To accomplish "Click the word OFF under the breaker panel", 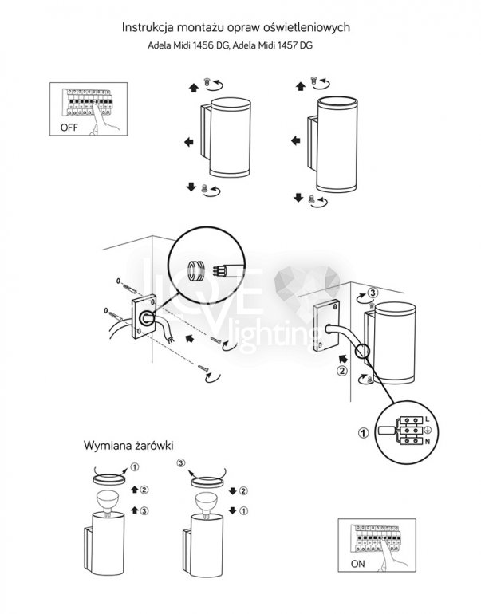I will (70, 127).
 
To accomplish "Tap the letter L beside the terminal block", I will (429, 419).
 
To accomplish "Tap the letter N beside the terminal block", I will (429, 441).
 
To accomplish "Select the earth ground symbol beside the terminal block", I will (428, 430).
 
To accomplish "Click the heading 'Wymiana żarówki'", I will (128, 445).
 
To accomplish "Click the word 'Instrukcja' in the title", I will (148, 27).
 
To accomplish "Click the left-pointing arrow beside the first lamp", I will (188, 142).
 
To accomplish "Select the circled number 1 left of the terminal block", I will (364, 435).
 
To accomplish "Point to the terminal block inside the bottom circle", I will (407, 430).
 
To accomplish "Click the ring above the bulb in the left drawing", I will (108, 478).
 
